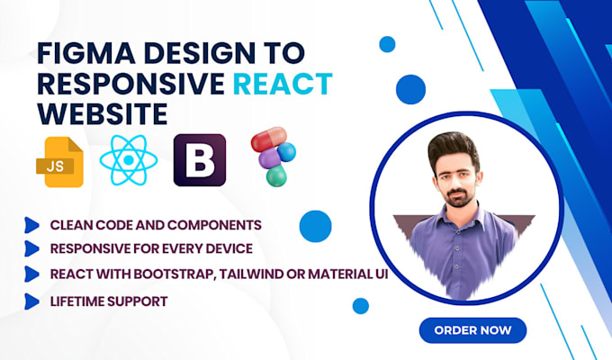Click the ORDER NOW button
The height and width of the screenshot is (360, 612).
pos(473,329)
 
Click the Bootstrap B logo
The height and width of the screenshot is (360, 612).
pos(199,159)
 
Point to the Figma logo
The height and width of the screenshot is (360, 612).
pos(270,157)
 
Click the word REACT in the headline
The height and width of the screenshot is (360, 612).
pos(283,85)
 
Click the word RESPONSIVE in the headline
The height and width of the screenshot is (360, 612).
pos(126,85)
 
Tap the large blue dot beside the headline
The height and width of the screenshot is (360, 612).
pos(409,87)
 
